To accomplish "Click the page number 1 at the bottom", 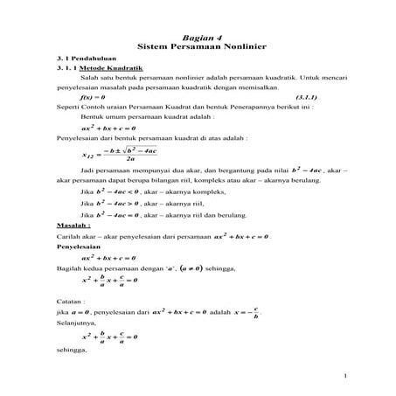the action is pyautogui.click(x=346, y=377).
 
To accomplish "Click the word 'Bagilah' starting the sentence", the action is pyautogui.click(x=69, y=271).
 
